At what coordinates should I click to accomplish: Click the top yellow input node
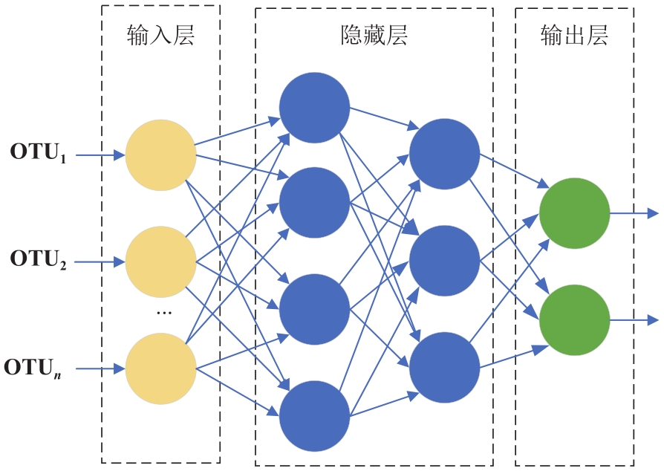(x=160, y=155)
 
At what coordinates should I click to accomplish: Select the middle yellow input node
(x=160, y=262)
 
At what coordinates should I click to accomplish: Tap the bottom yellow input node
(x=160, y=368)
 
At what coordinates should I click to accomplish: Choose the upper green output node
(x=574, y=213)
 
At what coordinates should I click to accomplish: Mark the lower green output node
(x=574, y=319)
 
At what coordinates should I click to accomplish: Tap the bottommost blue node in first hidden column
(x=314, y=416)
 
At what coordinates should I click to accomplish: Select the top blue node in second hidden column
(x=444, y=154)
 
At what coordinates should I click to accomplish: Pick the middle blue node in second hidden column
(x=444, y=261)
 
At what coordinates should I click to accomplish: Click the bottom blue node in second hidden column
(x=444, y=367)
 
